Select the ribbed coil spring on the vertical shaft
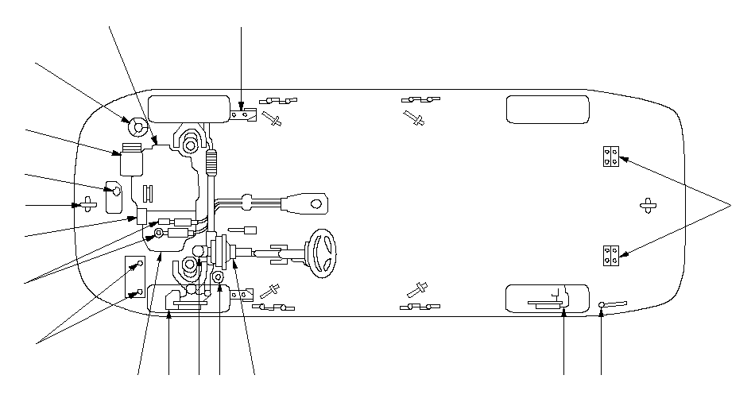pos(211,164)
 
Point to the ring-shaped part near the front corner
pos(135,126)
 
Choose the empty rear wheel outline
pos(547,110)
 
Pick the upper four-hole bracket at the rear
pos(610,156)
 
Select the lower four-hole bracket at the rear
pos(610,256)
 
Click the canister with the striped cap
pos(130,159)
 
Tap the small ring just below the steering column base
pos(218,277)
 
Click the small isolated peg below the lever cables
pos(244,231)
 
